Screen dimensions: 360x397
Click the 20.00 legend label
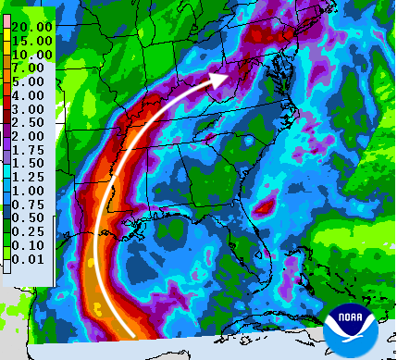(x=32, y=27)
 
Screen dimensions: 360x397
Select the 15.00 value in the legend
(x=32, y=42)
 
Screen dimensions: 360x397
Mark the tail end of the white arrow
(x=137, y=334)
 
